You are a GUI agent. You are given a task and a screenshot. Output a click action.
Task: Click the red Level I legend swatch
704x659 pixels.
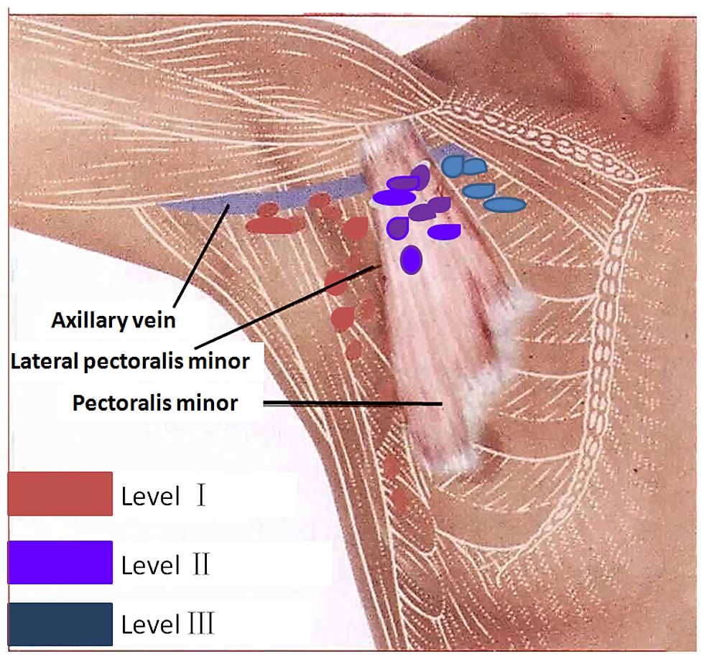click(x=60, y=493)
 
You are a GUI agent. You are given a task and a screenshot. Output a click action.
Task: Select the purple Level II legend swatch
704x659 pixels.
click(x=60, y=562)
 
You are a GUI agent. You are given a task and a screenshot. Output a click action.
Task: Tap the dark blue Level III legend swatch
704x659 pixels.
click(x=60, y=625)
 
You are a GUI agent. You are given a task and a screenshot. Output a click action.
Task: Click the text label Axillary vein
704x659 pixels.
click(x=114, y=320)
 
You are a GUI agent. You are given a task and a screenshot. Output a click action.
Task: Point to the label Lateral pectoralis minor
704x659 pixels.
click(x=130, y=361)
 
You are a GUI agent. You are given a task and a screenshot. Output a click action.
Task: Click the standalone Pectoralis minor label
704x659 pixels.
click(x=155, y=403)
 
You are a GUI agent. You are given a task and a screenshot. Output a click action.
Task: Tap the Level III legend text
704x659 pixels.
click(x=168, y=624)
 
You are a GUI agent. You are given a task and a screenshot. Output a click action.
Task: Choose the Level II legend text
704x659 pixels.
click(x=165, y=565)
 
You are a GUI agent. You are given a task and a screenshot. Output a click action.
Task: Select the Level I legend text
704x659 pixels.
click(x=164, y=496)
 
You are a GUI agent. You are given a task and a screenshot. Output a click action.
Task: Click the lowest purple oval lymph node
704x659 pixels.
click(x=411, y=259)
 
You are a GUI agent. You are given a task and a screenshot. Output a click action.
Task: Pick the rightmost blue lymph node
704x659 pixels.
click(x=504, y=205)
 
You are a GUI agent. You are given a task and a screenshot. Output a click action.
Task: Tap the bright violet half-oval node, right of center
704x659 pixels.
click(x=444, y=231)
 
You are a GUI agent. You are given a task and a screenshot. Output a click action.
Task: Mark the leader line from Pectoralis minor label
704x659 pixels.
click(x=353, y=403)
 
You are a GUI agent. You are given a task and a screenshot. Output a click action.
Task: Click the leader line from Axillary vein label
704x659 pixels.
click(x=201, y=254)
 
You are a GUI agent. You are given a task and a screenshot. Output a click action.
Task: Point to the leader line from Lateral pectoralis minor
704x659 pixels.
click(x=285, y=307)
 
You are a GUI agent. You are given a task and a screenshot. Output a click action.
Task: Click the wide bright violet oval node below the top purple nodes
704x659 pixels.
click(x=394, y=197)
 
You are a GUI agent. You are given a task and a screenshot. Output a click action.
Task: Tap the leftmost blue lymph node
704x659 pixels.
click(x=453, y=167)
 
